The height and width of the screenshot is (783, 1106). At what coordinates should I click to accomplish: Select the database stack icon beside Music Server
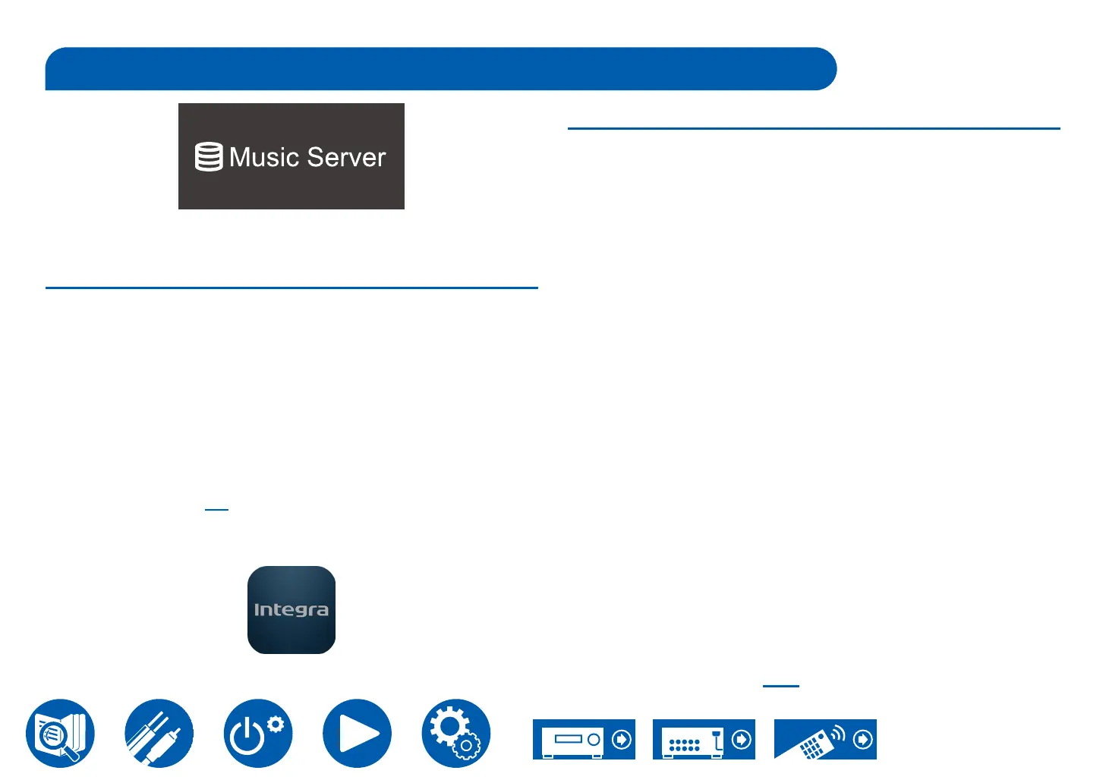(209, 157)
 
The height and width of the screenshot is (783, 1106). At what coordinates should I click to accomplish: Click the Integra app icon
(291, 610)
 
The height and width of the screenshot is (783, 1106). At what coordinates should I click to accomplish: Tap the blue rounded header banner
(440, 69)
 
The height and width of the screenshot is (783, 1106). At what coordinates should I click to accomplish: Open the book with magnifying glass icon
(61, 733)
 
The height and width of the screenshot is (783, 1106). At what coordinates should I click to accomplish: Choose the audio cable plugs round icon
(159, 733)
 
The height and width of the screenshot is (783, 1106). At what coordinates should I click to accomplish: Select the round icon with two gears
(455, 733)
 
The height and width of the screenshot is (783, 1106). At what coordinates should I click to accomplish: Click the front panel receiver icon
(574, 740)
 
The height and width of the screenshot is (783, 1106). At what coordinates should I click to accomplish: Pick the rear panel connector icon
(692, 740)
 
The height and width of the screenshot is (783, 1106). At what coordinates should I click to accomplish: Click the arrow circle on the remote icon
(863, 739)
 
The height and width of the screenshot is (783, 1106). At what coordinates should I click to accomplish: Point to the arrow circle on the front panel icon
(622, 739)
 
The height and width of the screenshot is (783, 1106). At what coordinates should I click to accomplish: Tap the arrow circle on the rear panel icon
(742, 739)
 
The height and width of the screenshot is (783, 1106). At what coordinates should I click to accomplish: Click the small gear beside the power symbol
(276, 724)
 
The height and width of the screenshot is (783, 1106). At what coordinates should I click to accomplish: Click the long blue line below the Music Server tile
(291, 288)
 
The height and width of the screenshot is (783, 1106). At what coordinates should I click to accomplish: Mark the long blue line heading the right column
(814, 129)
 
